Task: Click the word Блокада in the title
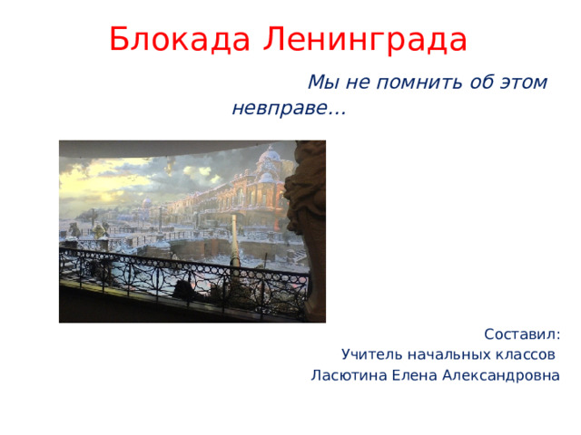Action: [180, 40]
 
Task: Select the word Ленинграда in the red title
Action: [365, 40]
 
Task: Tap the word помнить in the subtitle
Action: [419, 82]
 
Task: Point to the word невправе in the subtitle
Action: [281, 109]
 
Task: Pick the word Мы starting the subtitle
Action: [323, 82]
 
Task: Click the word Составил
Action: [522, 334]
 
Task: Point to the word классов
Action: [526, 354]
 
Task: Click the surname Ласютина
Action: [349, 375]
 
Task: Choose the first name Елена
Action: [414, 375]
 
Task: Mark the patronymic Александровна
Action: [501, 375]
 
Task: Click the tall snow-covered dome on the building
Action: [270, 154]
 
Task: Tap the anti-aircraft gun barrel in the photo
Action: [235, 239]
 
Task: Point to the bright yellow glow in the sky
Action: [89, 182]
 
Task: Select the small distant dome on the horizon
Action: [147, 203]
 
